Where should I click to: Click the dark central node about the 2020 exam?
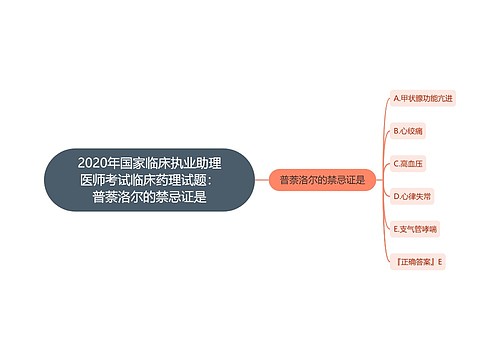(149, 180)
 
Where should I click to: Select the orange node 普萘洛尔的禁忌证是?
(321, 180)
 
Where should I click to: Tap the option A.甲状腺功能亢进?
(423, 99)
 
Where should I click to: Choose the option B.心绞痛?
(410, 131)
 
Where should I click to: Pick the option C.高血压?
(410, 164)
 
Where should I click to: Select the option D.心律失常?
(414, 196)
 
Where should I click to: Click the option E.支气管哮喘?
(418, 229)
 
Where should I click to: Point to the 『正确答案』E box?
(418, 261)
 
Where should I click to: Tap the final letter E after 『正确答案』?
(439, 261)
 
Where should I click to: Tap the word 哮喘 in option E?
(431, 229)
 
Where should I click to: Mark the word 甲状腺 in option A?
(411, 99)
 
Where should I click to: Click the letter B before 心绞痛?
(396, 131)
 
